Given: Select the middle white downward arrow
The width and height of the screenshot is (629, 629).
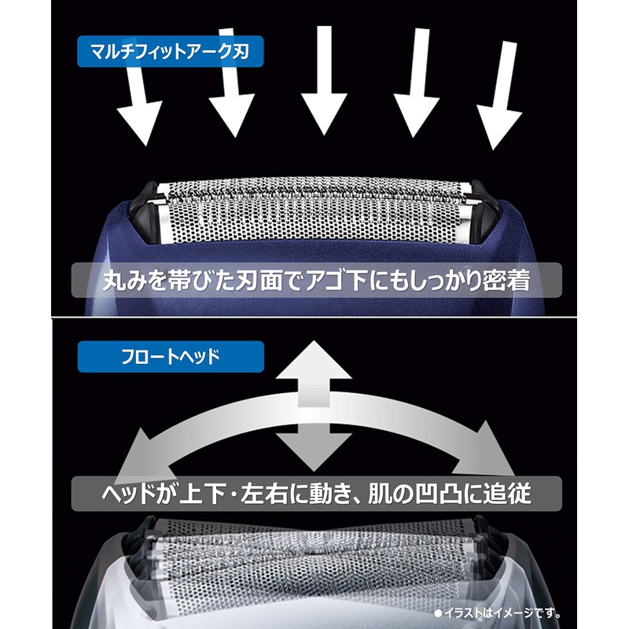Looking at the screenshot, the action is pos(323,79).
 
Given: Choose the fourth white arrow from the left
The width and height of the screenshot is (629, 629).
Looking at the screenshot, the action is pos(414,86).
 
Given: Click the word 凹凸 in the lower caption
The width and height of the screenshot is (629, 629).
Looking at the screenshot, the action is pos(430,494).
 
